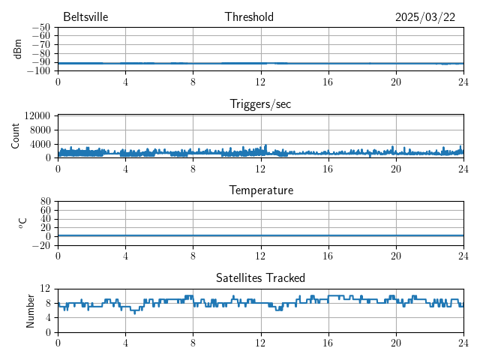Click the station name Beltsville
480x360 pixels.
point(85,17)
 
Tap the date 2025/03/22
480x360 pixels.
point(424,17)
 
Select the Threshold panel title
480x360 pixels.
point(249,17)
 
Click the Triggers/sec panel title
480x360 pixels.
point(260,104)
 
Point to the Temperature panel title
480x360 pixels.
point(260,190)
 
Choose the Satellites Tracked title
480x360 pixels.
point(260,277)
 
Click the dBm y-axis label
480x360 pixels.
point(17,49)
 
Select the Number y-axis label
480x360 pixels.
point(30,310)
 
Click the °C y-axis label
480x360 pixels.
point(22,223)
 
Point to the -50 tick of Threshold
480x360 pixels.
point(41,28)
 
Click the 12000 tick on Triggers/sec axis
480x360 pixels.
point(37,115)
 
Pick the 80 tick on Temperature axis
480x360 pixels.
point(45,202)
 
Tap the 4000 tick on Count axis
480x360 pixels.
point(40,144)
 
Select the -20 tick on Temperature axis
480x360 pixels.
point(41,245)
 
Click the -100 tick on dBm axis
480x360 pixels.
point(38,71)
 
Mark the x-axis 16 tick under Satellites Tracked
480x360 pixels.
point(328,343)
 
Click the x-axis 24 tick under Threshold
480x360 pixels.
point(463,82)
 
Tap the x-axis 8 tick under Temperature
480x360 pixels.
point(193,256)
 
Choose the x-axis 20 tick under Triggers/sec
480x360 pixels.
point(395,169)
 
